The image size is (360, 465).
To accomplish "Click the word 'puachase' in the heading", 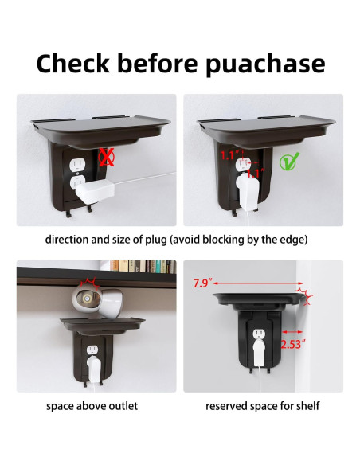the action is [265, 64].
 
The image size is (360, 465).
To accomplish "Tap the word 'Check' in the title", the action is [73, 63].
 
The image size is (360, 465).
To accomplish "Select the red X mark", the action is [106, 158].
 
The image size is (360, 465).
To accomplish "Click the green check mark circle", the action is [288, 162].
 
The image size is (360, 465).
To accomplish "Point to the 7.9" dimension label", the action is [203, 283].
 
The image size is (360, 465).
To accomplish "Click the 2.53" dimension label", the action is [293, 344].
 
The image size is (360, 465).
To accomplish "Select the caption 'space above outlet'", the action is [92, 406].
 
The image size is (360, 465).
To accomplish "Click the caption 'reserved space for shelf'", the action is [263, 406].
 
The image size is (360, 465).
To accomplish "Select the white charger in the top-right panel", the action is [249, 190].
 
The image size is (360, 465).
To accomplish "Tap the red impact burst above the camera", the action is [92, 283].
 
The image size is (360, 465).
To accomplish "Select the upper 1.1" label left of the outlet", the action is [230, 155].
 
